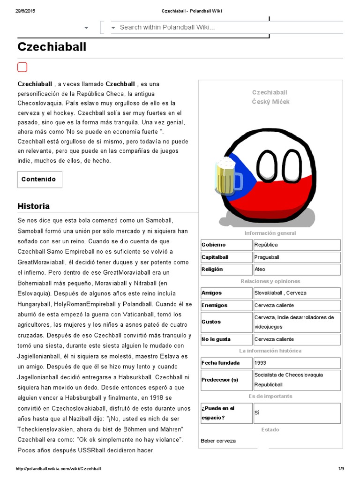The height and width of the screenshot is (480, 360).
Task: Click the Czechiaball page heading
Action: [52, 47]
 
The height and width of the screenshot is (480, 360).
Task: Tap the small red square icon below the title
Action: [22, 67]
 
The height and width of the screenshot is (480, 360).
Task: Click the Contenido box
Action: [39, 179]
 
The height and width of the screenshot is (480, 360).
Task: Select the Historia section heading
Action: [33, 206]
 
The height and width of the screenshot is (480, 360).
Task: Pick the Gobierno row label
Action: [226, 245]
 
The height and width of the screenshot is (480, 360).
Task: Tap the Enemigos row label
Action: [226, 305]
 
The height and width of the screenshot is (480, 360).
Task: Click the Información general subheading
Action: [270, 233]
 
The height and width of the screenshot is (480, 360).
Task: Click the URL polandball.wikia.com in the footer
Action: [58, 469]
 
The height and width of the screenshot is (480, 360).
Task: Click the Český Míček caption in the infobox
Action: [270, 102]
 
